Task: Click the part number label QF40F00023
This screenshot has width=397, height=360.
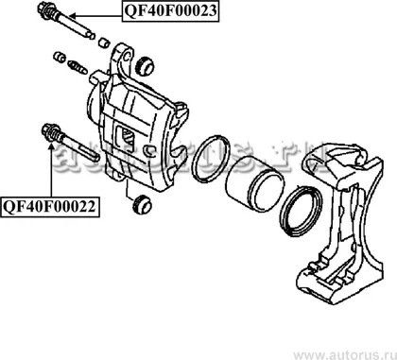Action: click(x=170, y=11)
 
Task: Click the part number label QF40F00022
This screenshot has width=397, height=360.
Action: click(x=50, y=207)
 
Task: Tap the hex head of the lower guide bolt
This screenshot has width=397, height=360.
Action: click(x=50, y=131)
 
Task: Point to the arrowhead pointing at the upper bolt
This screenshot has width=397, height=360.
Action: click(x=72, y=15)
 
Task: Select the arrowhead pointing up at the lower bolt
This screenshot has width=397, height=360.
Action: click(x=51, y=146)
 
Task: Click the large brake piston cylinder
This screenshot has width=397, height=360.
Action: click(x=254, y=184)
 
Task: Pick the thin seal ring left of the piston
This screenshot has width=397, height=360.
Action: click(x=211, y=159)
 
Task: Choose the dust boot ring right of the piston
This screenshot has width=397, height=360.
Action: click(x=301, y=212)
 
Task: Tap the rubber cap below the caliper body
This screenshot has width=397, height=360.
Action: click(x=142, y=204)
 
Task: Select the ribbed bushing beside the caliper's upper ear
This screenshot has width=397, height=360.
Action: click(x=145, y=66)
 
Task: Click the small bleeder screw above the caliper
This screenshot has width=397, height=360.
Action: click(x=78, y=67)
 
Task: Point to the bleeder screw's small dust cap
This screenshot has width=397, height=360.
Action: click(x=59, y=57)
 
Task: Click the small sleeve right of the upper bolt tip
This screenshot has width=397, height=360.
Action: click(x=104, y=43)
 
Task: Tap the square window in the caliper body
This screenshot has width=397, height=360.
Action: click(x=125, y=136)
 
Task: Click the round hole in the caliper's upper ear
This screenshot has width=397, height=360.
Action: click(x=128, y=57)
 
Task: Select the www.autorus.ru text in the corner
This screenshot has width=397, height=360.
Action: click(x=345, y=354)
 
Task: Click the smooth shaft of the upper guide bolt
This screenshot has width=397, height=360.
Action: click(x=76, y=26)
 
